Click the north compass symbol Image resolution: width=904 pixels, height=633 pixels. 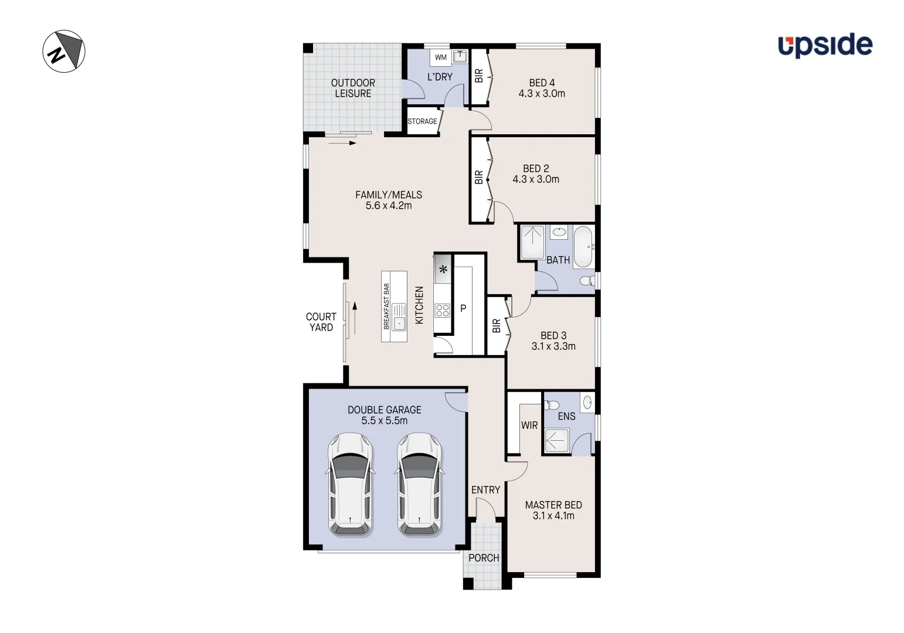pos(64,52)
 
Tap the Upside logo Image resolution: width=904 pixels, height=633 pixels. pos(825,45)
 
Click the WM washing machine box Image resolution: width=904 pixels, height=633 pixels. pos(441,57)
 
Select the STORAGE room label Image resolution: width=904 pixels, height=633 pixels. pos(422,121)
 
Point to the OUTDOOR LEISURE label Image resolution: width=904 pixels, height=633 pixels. pos(353,88)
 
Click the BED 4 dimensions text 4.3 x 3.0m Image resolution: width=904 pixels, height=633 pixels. pos(542,94)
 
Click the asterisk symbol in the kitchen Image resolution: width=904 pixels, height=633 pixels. pos(443,270)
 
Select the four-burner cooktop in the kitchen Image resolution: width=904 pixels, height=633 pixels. pos(442,310)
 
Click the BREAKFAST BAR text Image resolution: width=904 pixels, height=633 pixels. pos(386,306)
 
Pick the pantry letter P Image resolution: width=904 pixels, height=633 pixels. pos(463,308)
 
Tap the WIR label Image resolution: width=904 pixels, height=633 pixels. pos(529,426)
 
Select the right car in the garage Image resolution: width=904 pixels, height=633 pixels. pos(420,484)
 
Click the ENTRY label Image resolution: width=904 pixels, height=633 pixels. pos(485,490)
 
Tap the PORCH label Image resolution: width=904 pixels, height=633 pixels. pos(484,558)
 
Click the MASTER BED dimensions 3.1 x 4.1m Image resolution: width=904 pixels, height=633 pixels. pos(553,516)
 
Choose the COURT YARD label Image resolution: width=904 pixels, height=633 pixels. pos(321,322)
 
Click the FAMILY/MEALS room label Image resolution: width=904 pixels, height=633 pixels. pos(389,195)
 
